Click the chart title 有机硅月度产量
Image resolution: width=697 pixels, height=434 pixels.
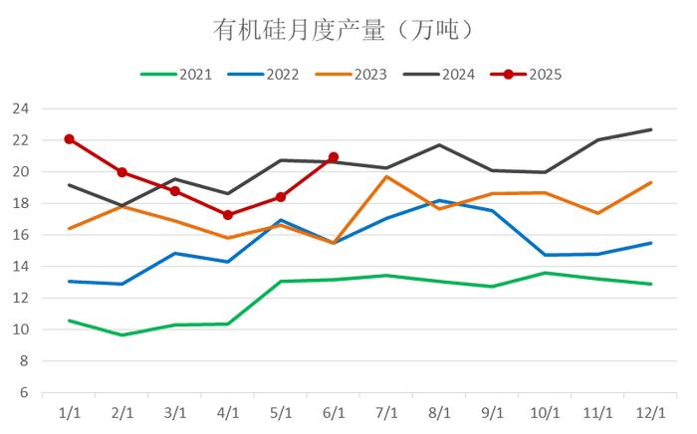[344, 30]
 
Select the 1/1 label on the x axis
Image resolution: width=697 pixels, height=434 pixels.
[70, 411]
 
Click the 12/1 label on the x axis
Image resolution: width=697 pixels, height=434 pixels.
[650, 411]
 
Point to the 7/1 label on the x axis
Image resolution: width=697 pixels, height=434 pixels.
[386, 411]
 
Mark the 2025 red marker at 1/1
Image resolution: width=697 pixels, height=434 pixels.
[70, 139]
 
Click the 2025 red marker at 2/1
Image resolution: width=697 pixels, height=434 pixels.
[122, 172]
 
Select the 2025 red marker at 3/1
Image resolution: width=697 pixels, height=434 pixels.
[175, 191]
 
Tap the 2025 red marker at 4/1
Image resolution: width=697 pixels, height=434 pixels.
[228, 215]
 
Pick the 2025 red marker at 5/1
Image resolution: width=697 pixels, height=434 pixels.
[281, 197]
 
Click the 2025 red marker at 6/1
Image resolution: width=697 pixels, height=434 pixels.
[334, 157]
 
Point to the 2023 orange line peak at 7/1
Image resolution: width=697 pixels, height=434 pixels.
[386, 177]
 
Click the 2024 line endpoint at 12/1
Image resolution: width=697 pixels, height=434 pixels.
[650, 129]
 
